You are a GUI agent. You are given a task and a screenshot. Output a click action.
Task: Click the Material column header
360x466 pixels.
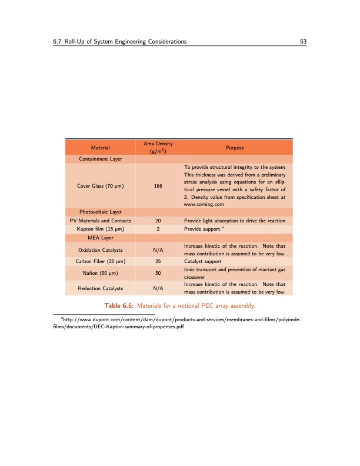100,147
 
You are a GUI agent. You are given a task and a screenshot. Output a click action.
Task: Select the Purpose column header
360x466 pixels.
235,147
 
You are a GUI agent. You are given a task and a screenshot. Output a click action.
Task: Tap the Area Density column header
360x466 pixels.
158,147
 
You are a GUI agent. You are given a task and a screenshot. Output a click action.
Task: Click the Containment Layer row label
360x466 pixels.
100,159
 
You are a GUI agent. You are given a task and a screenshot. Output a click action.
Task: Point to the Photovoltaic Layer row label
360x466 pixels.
100,212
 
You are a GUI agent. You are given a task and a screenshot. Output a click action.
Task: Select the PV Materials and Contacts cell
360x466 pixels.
100,220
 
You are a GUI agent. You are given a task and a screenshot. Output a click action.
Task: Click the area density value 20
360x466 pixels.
158,220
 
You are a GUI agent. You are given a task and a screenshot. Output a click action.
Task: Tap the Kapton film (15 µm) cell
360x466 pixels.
100,228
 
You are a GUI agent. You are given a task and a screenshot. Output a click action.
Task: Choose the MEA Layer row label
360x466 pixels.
100,237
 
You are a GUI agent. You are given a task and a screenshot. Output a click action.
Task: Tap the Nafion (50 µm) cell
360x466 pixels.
100,272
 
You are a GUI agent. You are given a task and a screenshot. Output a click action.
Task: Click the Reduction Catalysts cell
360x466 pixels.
100,288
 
